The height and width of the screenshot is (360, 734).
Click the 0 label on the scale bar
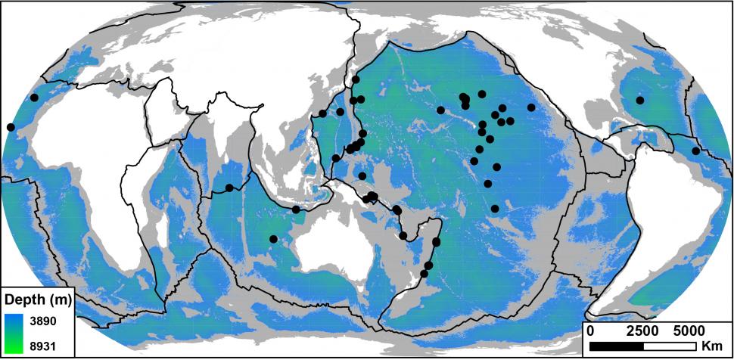coord(590,331)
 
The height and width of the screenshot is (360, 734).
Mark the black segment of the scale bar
coord(616,345)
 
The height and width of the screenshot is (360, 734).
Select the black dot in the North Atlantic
coord(640,100)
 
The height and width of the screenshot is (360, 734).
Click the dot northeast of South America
coord(695,151)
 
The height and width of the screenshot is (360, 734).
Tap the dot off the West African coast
coord(11,127)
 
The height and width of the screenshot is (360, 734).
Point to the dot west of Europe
coord(34,98)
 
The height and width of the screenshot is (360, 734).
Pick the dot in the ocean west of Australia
coord(273,239)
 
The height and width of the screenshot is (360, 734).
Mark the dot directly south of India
coord(229,188)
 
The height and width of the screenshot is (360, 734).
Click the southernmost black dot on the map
coord(424,273)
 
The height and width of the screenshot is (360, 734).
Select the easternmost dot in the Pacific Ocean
coord(531,107)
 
